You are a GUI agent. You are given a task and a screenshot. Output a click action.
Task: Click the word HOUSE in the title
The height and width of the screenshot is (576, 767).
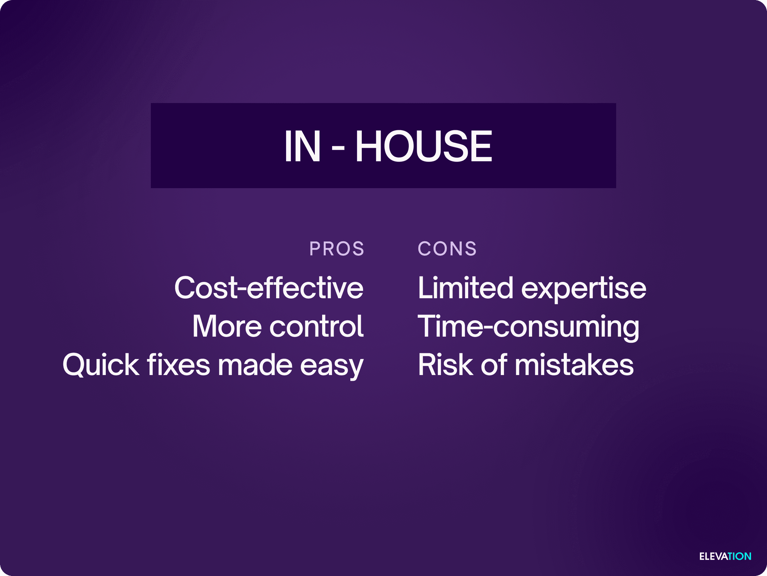(x=423, y=146)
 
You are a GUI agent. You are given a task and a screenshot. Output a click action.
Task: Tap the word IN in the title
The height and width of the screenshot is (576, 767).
(x=302, y=146)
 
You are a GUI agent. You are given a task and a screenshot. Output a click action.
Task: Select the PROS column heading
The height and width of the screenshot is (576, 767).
(x=337, y=249)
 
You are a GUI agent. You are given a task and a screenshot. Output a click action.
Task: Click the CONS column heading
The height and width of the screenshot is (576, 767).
(x=447, y=249)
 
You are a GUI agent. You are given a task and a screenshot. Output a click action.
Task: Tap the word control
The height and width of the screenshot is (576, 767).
(x=317, y=326)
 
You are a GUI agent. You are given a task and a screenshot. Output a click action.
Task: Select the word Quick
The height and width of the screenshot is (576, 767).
(x=101, y=365)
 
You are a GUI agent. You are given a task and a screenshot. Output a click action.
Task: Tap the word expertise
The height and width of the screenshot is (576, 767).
(x=584, y=289)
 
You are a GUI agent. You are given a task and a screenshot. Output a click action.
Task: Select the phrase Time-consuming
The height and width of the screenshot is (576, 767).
(x=529, y=327)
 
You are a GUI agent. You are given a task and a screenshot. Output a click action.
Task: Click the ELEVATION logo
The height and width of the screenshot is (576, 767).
(x=725, y=556)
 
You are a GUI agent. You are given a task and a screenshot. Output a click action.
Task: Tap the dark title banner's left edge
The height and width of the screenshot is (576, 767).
(x=151, y=146)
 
